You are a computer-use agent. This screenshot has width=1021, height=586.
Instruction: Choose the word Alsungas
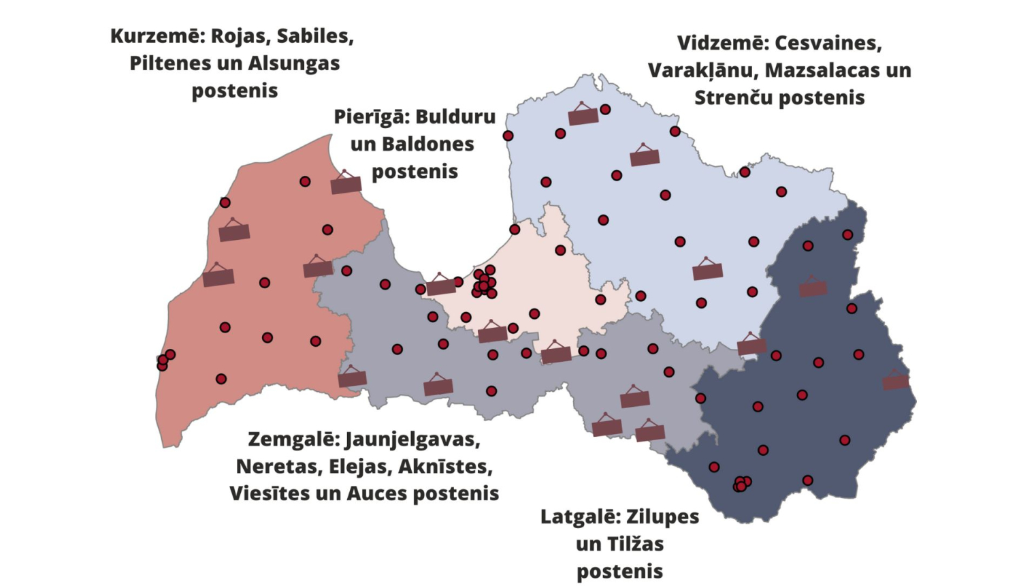[x=293, y=63]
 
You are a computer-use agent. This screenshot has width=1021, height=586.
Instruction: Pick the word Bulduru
[x=455, y=117]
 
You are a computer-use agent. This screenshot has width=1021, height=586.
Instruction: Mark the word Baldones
[x=427, y=144]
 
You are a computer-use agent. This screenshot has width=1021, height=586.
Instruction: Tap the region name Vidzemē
[x=722, y=43]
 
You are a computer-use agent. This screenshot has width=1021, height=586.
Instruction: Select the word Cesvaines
[x=828, y=43]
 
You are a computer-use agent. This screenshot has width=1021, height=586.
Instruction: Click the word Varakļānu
[x=702, y=70]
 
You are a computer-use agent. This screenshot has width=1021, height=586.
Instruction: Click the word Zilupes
[x=662, y=517]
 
